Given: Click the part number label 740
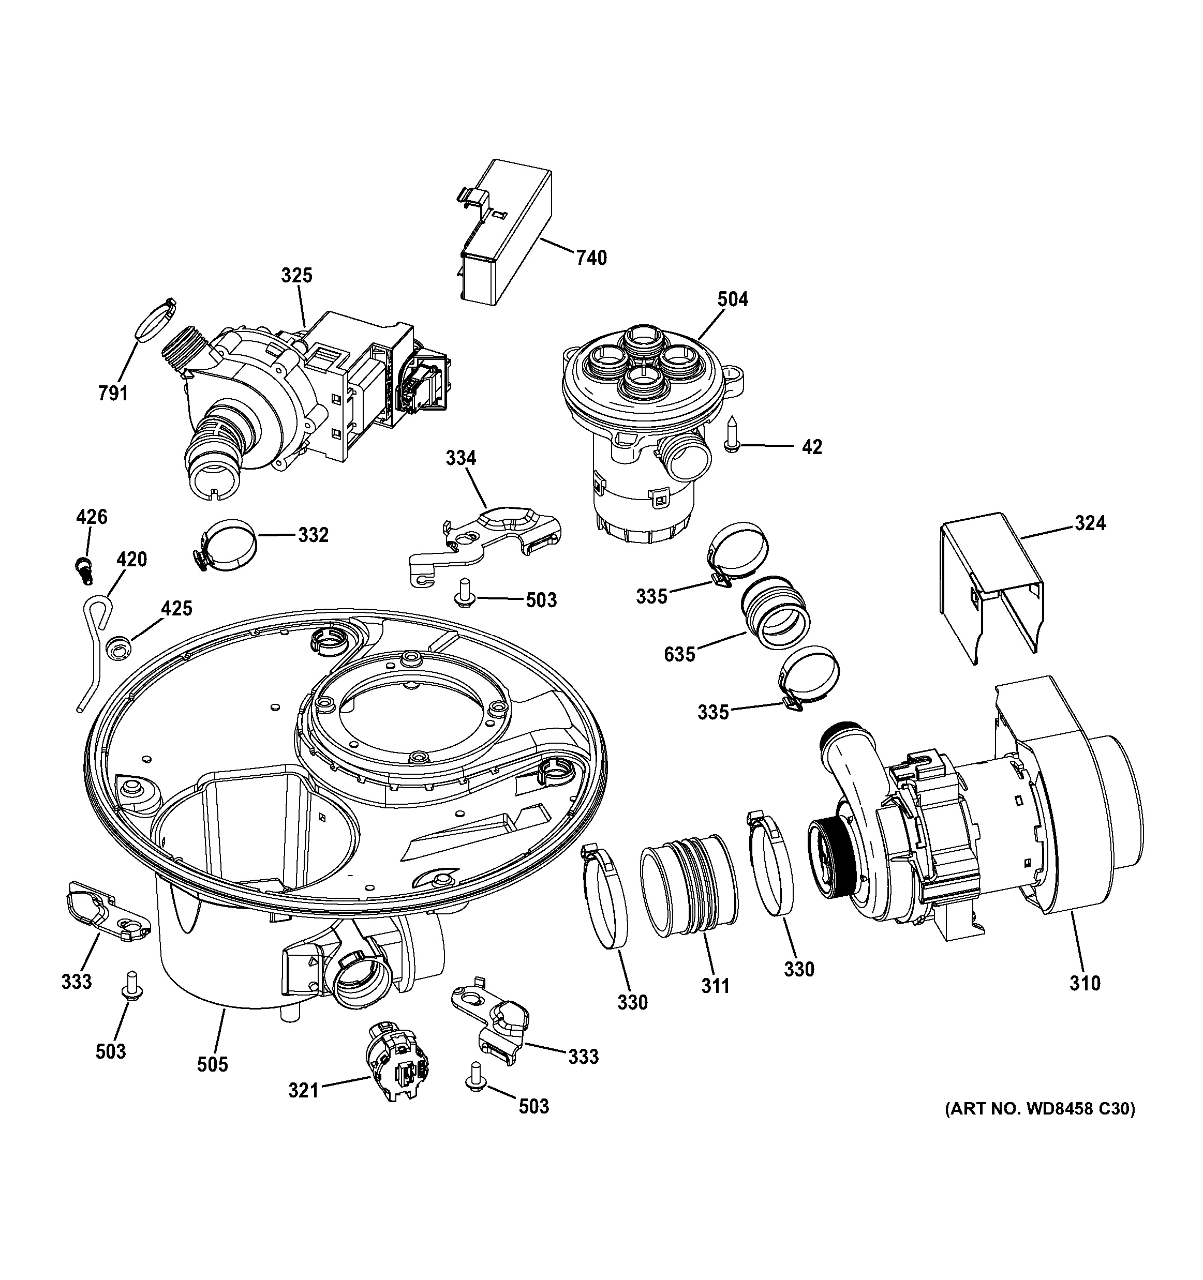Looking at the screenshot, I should [591, 258].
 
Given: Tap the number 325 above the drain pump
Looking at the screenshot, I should [296, 276].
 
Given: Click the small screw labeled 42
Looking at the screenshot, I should [732, 434].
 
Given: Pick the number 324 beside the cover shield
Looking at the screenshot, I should [1090, 523].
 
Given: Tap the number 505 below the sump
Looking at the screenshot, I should [213, 1064].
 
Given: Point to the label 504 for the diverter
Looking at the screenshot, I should [733, 299].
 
